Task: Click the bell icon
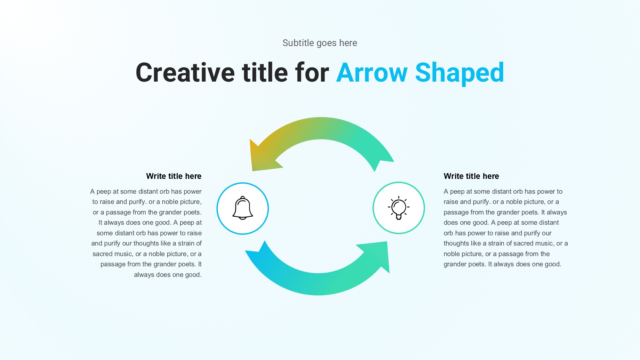243,208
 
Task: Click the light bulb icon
399,208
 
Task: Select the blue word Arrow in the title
372,73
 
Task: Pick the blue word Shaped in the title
460,74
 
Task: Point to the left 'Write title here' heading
174,176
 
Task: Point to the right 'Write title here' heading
471,176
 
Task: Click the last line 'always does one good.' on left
168,275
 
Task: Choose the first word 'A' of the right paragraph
446,191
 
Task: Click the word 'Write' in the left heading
156,176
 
